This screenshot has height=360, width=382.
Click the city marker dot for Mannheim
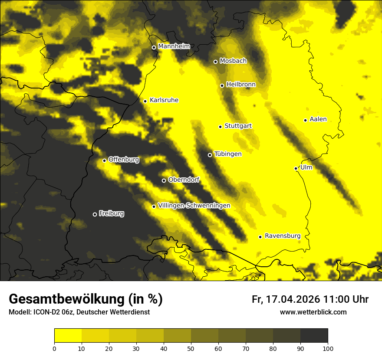(x=154, y=48)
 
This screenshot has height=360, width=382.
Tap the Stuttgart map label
(x=238, y=126)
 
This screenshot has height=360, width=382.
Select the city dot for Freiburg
(x=95, y=214)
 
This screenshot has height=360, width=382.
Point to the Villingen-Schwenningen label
(x=194, y=206)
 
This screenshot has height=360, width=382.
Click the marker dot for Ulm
(x=296, y=168)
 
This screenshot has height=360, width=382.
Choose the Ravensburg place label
(x=283, y=236)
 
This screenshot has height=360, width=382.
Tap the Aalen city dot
(x=306, y=120)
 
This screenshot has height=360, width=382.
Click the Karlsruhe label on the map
(x=164, y=100)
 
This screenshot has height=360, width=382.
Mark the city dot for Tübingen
(x=210, y=155)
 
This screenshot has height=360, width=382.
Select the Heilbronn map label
(x=241, y=85)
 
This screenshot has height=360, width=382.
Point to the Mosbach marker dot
(x=215, y=62)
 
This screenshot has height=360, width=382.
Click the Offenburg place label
(x=124, y=160)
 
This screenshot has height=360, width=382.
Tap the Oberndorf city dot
(x=164, y=180)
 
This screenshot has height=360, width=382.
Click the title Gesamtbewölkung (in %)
(x=86, y=299)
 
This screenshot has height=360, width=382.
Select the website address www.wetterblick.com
(x=313, y=312)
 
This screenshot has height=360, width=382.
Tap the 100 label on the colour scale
(x=328, y=348)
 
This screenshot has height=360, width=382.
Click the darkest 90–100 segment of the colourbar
(x=314, y=336)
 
